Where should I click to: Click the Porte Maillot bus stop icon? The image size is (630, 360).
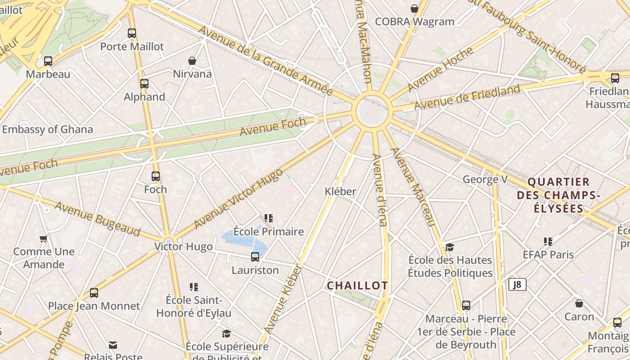131,33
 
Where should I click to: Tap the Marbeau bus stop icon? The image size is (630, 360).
48,61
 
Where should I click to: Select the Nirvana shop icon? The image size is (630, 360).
192,61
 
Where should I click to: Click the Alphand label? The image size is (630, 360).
144,97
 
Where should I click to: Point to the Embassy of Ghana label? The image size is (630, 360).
48,130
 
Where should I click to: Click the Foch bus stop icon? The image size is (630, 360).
156,176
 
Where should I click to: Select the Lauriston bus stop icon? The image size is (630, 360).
255,257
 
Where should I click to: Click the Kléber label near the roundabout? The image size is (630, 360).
341,192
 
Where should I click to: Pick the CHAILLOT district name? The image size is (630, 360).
357,286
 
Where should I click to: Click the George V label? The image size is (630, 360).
485,180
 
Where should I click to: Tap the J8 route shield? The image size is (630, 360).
517,284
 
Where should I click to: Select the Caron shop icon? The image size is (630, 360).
579,303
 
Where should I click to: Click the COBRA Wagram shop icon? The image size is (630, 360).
414,8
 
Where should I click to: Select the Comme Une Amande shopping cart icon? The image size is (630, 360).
44,238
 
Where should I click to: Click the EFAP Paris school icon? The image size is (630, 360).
548,242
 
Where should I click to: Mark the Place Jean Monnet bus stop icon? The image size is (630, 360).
94,293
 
